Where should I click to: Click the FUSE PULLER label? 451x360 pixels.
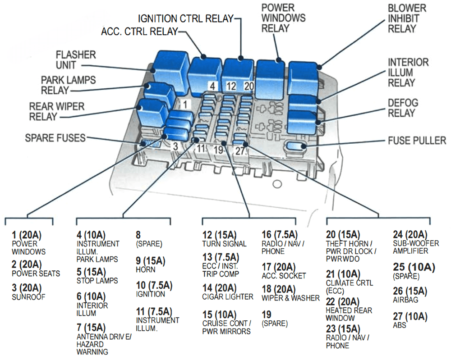(x=417, y=141)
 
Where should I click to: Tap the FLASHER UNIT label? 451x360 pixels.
(x=76, y=60)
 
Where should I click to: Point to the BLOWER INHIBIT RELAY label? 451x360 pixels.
(x=407, y=18)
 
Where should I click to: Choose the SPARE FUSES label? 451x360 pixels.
(x=55, y=137)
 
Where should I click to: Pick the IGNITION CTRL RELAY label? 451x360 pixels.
(x=186, y=18)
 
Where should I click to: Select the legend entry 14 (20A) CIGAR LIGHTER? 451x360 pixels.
(x=227, y=292)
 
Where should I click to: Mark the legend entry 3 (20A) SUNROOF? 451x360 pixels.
(x=28, y=292)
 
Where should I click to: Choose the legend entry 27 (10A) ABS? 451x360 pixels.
(x=410, y=320)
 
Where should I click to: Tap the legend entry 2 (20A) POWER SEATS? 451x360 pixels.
(x=35, y=269)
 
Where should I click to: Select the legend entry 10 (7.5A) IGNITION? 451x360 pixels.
(x=153, y=289)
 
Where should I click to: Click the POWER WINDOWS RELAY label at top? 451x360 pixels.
(x=283, y=18)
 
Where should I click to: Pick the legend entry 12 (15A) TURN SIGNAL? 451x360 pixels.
(x=224, y=239)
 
